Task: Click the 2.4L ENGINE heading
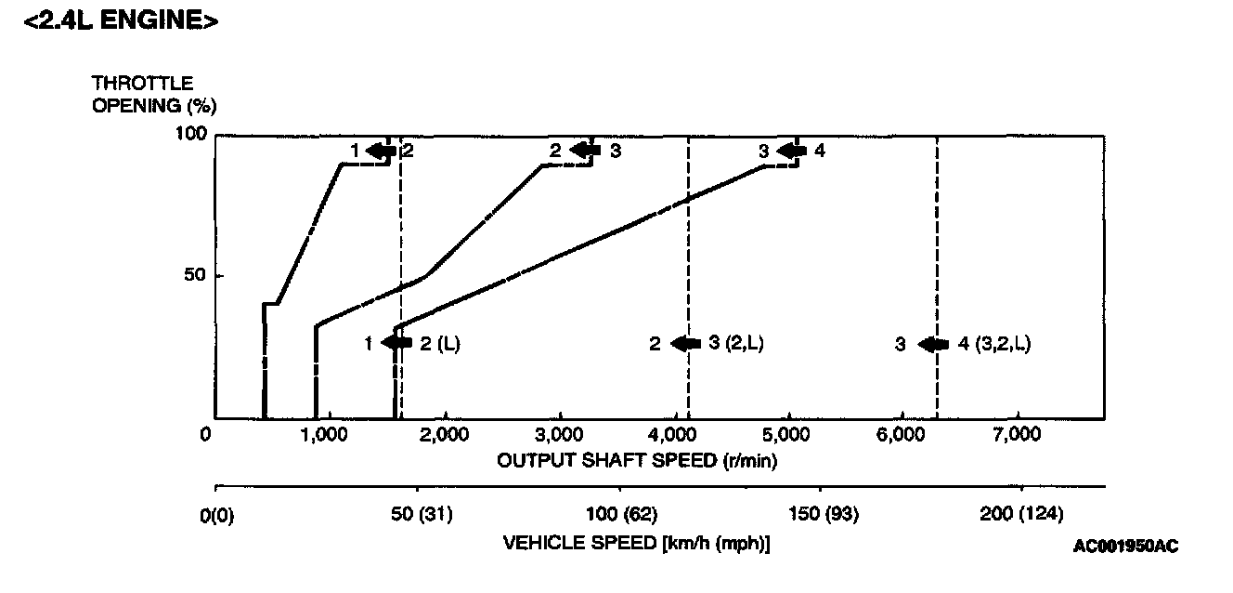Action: click(121, 20)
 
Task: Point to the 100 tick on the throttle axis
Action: click(189, 134)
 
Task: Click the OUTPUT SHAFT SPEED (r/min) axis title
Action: click(637, 460)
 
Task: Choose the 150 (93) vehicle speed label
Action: click(820, 514)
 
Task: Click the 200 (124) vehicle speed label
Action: click(1020, 514)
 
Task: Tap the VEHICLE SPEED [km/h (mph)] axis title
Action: click(637, 542)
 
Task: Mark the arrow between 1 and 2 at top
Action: click(381, 151)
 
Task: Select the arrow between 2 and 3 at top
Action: click(584, 151)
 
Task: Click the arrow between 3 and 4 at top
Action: click(791, 151)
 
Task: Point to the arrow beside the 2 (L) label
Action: click(396, 343)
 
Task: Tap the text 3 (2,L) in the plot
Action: click(735, 343)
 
